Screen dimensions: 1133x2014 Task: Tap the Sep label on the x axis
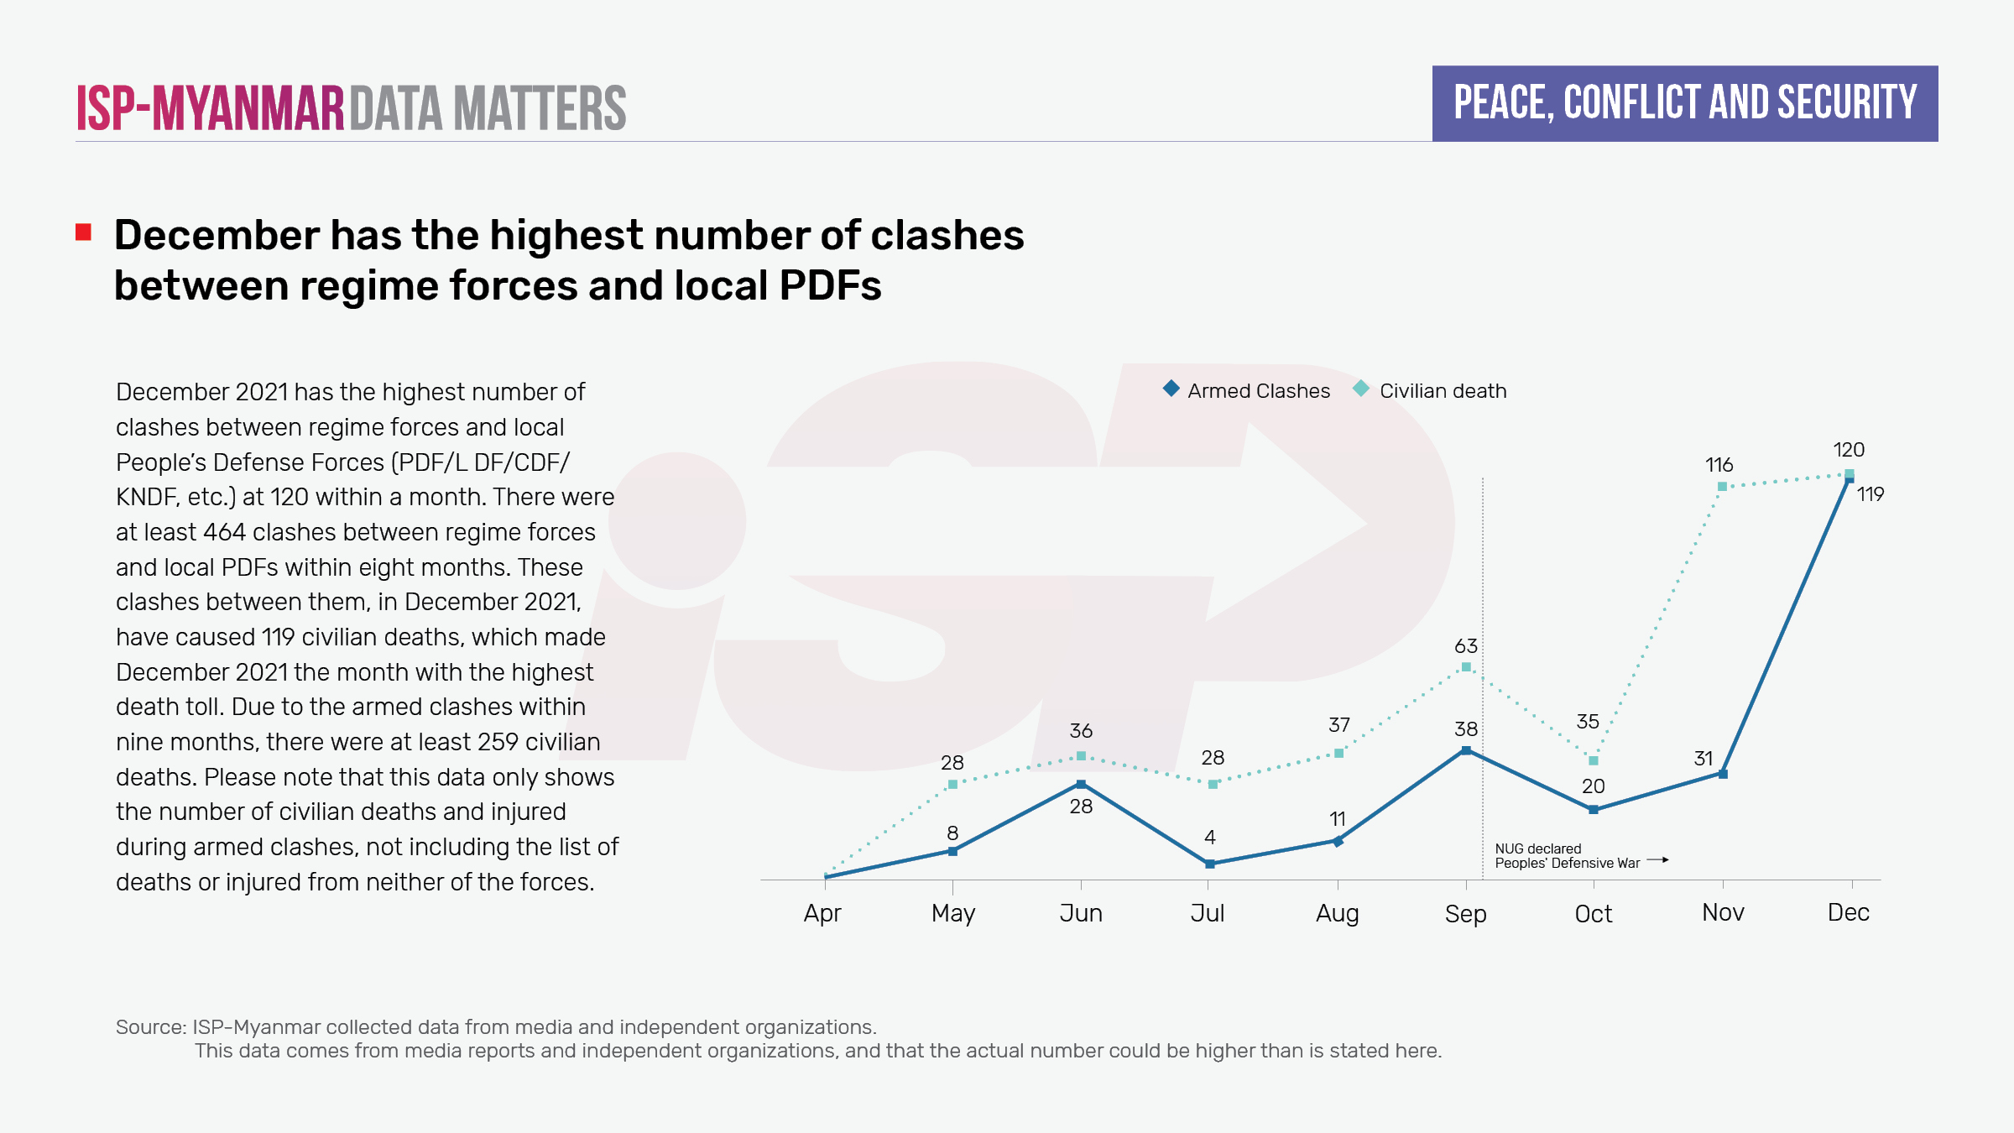pyautogui.click(x=1465, y=914)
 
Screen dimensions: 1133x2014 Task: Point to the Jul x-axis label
pyautogui.click(x=1208, y=913)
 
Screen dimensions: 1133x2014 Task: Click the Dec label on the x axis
pyautogui.click(x=1849, y=913)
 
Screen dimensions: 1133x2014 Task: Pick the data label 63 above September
pyautogui.click(x=1466, y=646)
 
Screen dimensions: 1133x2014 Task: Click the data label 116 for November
pyautogui.click(x=1719, y=465)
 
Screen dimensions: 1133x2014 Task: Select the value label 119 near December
pyautogui.click(x=1871, y=494)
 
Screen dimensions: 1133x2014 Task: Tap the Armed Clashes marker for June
pyautogui.click(x=1081, y=784)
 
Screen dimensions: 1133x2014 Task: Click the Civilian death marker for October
pyautogui.click(x=1594, y=760)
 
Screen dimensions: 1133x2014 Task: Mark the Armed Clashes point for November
pyautogui.click(x=1723, y=774)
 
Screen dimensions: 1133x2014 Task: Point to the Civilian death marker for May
pyautogui.click(x=952, y=784)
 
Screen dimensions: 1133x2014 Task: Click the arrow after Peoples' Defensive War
pyautogui.click(x=1657, y=860)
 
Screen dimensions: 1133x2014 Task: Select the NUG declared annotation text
pyautogui.click(x=1537, y=848)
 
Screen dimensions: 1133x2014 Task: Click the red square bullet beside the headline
pyautogui.click(x=83, y=232)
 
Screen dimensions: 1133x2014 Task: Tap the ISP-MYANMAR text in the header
pyautogui.click(x=211, y=108)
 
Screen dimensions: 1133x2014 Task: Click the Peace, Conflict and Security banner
pyautogui.click(x=1685, y=103)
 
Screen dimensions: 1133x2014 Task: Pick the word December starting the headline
pyautogui.click(x=215, y=235)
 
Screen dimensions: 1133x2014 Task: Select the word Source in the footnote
pyautogui.click(x=150, y=1027)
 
